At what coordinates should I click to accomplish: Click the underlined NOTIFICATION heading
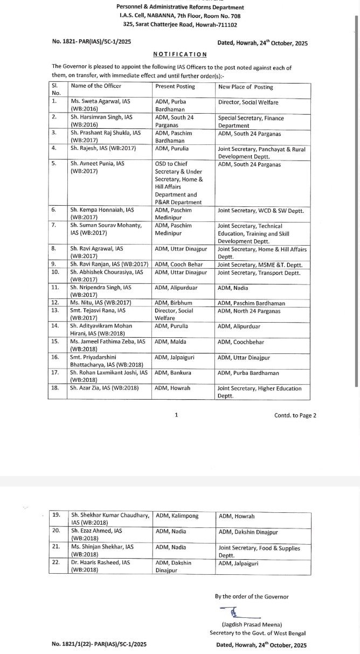point(180,54)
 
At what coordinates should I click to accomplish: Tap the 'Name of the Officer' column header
point(96,86)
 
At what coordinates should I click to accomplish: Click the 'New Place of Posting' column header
point(245,87)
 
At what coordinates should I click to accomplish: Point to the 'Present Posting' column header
point(175,87)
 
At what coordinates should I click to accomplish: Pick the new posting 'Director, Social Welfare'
point(248,102)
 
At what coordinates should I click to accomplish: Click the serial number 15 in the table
point(54,341)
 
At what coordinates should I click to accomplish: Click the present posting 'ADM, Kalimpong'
point(177,516)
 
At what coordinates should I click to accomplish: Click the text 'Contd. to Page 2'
point(295,415)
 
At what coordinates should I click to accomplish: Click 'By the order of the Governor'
point(251,596)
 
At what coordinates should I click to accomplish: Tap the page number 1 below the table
point(176,415)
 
